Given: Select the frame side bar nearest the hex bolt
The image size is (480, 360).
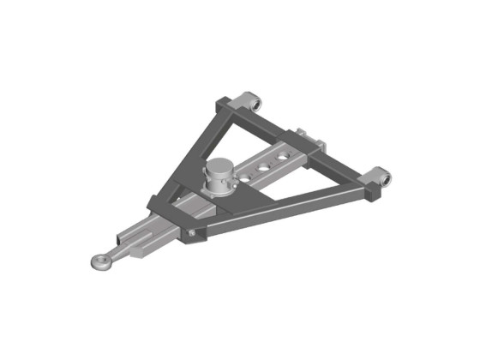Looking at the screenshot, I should (x=274, y=208).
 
